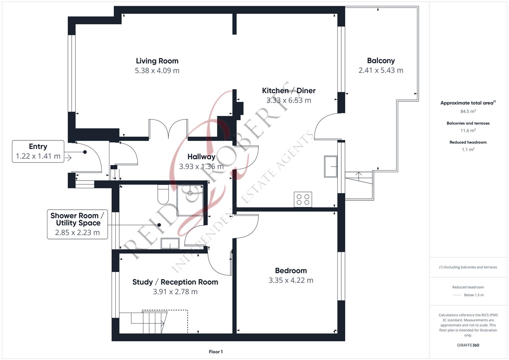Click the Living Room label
pos(157,61)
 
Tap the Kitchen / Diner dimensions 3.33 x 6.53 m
pos(289,100)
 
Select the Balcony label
pos(381,61)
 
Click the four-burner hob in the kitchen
pos(303,199)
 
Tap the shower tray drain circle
pos(190,193)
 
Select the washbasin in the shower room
pos(170,244)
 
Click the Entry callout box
pos(38,151)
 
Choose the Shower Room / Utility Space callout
pos(77,224)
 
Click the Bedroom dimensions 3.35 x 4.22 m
pos(291,280)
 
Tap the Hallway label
pos(201,157)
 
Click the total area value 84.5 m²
pos(468,111)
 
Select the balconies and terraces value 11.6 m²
pos(468,130)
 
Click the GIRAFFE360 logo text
pos(468,345)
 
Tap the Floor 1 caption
pos(216,352)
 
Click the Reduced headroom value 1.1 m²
pos(468,150)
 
